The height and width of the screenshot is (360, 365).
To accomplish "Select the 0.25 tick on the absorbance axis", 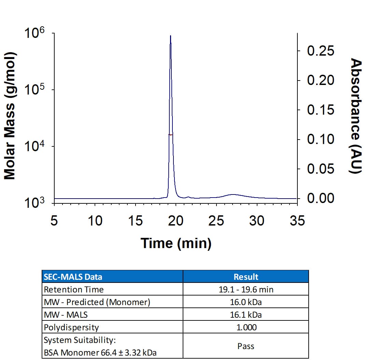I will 320,51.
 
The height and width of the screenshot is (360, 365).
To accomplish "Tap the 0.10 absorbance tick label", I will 320,139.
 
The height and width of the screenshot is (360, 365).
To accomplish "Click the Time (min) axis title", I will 176,243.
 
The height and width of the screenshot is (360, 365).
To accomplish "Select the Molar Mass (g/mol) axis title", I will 10,116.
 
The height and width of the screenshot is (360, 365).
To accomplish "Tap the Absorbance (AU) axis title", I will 356,116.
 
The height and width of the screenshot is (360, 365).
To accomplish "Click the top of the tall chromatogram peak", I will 170,36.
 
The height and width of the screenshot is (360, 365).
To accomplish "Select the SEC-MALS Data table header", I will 73,277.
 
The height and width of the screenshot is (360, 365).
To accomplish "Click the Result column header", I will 246,277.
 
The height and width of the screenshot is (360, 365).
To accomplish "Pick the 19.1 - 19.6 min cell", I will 246,290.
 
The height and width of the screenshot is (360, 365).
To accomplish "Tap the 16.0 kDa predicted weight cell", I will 246,302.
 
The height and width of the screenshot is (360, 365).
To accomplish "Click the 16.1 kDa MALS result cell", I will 246,315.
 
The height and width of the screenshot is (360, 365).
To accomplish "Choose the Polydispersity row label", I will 71,328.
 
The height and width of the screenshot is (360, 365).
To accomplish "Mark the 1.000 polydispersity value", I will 246,328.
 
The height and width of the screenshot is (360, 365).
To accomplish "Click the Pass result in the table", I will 246,346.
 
